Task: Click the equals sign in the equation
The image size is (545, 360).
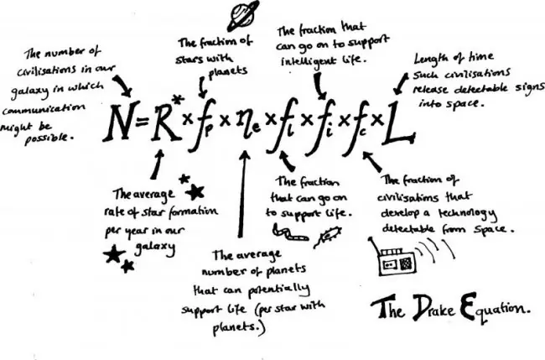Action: (143, 122)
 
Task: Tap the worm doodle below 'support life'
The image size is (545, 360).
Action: (290, 232)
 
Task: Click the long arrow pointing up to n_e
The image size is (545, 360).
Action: (242, 194)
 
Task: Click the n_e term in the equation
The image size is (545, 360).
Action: (247, 125)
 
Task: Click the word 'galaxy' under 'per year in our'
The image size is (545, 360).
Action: (155, 248)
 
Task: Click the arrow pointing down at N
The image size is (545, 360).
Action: (123, 86)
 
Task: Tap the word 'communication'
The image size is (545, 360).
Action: (44, 109)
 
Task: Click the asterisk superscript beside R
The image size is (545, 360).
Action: (178, 100)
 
